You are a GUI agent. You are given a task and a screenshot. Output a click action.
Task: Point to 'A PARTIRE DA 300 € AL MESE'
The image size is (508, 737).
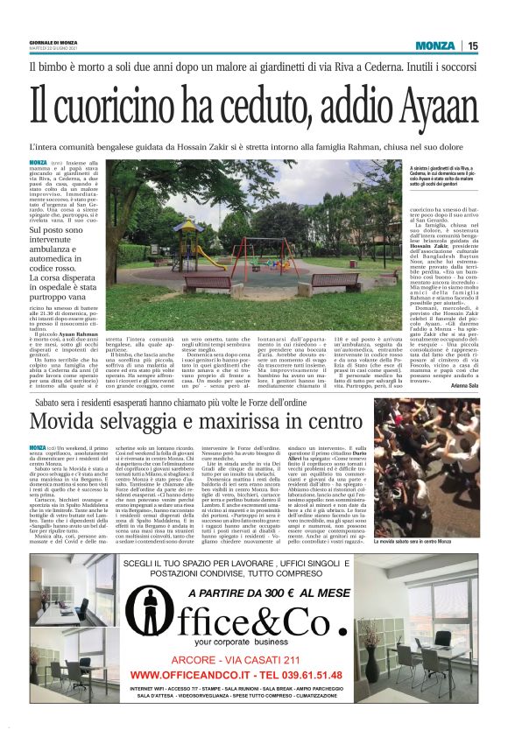click(x=254, y=566)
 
